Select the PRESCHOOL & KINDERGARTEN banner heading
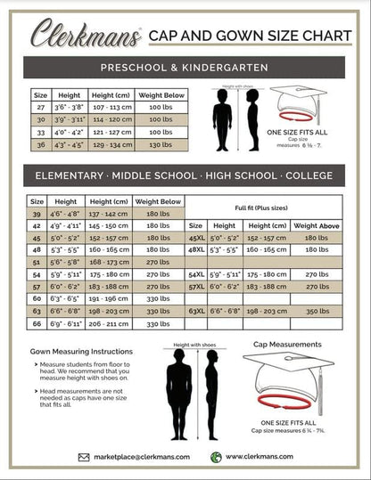click(185, 68)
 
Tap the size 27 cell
click(40, 107)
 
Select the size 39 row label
click(37, 214)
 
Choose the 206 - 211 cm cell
click(109, 325)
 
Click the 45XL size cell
click(197, 239)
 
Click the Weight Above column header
click(317, 226)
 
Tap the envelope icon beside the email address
click(83, 457)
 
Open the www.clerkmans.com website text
click(260, 457)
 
